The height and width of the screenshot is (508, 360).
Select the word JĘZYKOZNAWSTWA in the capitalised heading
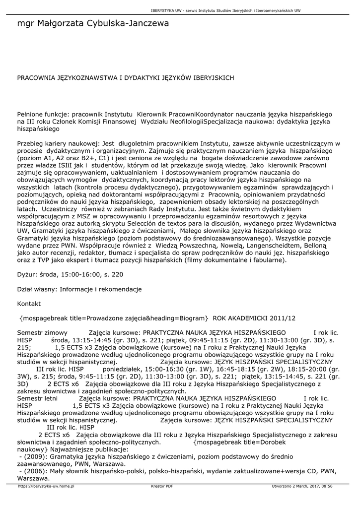[x=78, y=78]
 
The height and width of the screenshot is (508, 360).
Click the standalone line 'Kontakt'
[x=29, y=303]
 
